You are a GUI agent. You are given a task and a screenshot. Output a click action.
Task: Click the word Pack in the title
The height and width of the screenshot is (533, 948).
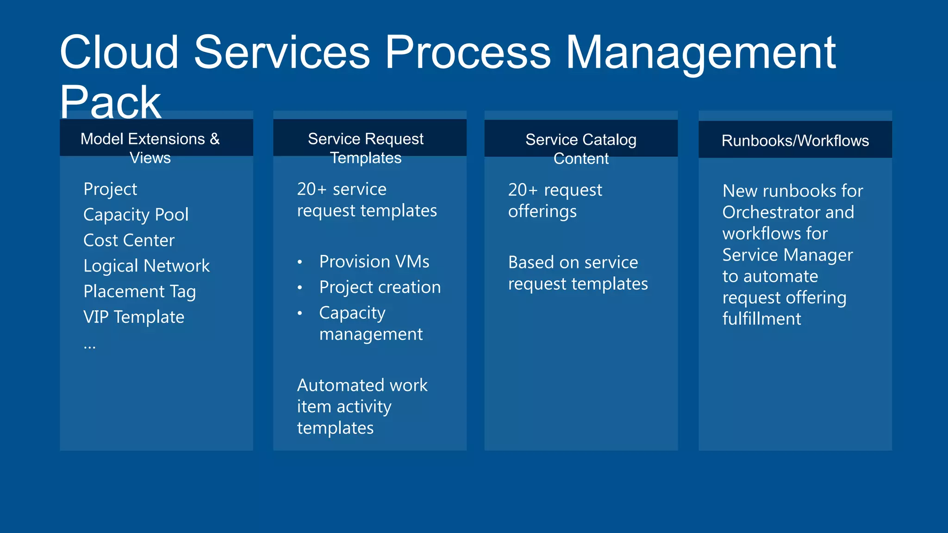(110, 103)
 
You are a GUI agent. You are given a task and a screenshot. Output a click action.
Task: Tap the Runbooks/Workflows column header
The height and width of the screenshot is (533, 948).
(795, 141)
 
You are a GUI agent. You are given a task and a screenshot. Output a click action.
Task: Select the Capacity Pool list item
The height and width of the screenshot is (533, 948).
(136, 215)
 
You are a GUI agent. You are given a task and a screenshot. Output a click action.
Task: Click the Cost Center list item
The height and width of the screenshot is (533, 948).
(129, 241)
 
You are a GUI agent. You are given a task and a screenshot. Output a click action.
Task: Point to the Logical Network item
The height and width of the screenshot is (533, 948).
(146, 266)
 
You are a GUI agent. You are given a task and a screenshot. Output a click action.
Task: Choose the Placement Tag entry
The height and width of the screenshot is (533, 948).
(139, 291)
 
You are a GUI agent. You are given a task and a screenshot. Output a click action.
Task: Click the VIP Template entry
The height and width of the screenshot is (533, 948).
(134, 317)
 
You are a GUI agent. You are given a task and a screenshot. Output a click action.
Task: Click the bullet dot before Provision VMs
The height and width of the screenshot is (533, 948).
(300, 262)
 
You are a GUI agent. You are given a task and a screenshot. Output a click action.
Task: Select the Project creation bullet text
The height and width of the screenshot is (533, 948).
(380, 287)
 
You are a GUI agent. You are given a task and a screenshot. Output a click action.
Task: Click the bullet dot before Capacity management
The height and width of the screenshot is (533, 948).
(300, 313)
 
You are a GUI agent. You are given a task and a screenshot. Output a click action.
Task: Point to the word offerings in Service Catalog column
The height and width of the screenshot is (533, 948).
(542, 211)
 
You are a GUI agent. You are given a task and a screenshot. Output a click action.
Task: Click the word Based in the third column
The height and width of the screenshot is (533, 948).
(530, 262)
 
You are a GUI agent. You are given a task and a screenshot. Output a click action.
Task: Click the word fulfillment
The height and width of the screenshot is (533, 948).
(761, 319)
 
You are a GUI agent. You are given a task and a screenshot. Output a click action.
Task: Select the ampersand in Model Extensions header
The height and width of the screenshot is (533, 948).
(215, 139)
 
